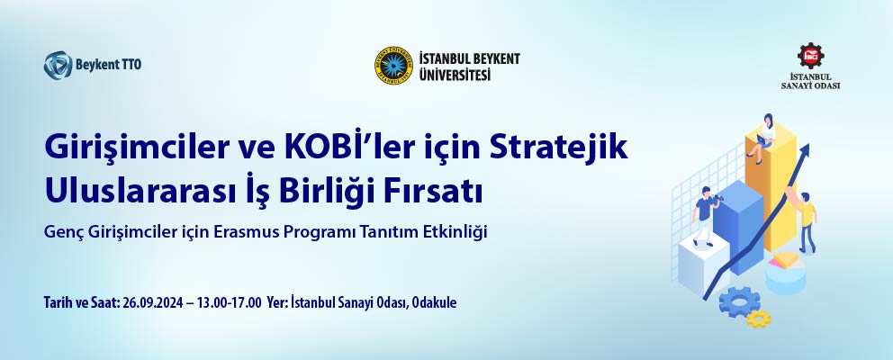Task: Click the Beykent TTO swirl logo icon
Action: [x=59, y=65]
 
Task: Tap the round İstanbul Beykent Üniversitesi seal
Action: [x=393, y=66]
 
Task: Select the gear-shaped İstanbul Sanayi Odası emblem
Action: [x=810, y=56]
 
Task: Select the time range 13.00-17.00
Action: [x=230, y=302]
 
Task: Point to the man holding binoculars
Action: [x=706, y=216]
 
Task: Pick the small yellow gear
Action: [x=759, y=319]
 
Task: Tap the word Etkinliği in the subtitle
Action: [x=462, y=232]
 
